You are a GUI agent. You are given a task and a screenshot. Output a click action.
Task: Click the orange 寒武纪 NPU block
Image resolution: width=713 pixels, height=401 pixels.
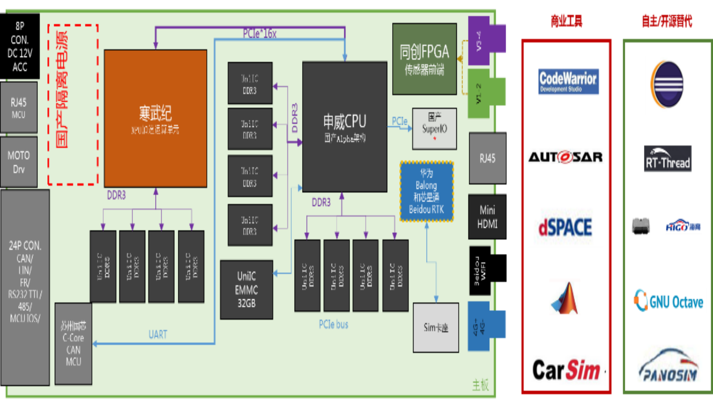click(x=156, y=119)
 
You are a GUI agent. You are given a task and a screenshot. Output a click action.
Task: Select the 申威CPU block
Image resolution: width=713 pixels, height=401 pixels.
click(x=344, y=127)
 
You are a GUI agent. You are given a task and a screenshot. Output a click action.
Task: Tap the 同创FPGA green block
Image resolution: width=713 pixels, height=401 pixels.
click(x=424, y=59)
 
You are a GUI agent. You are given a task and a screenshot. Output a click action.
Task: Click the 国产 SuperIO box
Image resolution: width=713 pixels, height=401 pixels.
click(x=434, y=128)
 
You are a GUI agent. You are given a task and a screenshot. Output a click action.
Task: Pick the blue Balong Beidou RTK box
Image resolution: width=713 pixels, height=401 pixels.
click(x=426, y=191)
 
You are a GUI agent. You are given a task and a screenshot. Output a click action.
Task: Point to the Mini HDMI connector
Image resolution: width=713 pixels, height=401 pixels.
click(x=487, y=217)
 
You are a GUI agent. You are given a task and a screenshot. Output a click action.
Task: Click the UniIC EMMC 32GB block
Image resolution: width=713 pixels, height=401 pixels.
click(x=246, y=290)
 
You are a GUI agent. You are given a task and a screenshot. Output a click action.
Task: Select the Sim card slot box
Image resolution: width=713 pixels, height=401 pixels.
click(x=436, y=327)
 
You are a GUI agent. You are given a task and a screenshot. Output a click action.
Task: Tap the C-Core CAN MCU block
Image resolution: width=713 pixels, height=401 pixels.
click(x=74, y=344)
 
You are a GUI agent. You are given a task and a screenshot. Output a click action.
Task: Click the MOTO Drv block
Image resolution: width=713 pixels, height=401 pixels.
click(x=19, y=162)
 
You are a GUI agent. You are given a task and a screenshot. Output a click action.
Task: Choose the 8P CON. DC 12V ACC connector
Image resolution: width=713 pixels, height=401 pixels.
click(x=20, y=47)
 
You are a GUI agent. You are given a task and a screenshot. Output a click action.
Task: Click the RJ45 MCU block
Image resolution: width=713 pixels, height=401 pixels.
click(x=19, y=107)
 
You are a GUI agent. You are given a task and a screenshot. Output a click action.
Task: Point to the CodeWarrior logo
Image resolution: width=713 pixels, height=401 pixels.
click(x=568, y=82)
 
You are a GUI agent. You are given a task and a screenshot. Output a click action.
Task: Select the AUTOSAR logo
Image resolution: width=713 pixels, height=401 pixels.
click(x=565, y=156)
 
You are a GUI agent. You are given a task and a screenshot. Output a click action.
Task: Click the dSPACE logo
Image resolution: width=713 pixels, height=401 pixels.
click(x=565, y=225)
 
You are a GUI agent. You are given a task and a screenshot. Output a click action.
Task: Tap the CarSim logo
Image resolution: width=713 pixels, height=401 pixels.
click(x=566, y=370)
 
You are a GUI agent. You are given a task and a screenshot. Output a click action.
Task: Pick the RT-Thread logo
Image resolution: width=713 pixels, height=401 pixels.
click(x=668, y=159)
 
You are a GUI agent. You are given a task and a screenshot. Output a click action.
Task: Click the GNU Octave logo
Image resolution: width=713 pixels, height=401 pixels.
click(x=668, y=301)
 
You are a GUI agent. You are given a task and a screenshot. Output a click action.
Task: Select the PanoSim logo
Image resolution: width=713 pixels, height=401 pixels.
click(x=668, y=364)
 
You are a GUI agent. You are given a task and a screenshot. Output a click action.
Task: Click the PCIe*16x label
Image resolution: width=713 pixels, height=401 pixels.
click(x=260, y=34)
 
